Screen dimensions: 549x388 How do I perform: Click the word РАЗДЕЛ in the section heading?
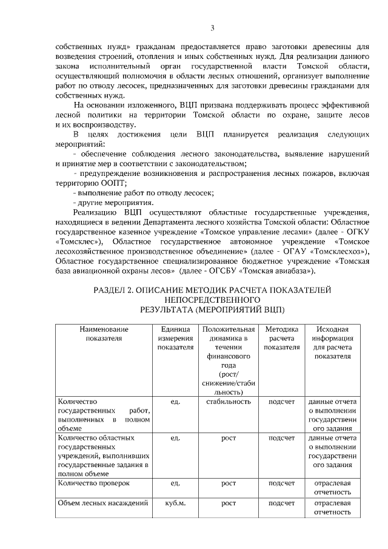(113, 291)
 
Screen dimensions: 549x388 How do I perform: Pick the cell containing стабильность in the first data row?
(229, 402)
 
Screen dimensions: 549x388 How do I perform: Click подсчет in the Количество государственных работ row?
(281, 402)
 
